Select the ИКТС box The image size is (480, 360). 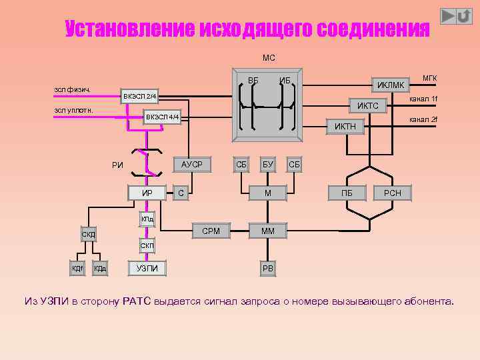(367, 106)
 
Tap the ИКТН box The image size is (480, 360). (345, 126)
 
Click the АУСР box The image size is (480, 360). (192, 164)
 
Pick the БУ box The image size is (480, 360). (267, 164)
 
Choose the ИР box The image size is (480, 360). (147, 193)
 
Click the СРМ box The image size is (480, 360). (211, 231)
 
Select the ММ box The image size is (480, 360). (267, 231)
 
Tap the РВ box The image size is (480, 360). (267, 268)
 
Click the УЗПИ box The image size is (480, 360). (147, 268)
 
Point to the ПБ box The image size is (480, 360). (347, 193)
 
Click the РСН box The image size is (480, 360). (392, 193)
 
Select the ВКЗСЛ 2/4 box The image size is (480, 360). (139, 97)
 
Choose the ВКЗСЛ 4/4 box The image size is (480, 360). (163, 117)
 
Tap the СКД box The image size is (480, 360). (89, 234)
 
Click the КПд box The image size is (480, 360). (147, 219)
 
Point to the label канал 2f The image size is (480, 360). (423, 119)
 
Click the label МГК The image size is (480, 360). (429, 78)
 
